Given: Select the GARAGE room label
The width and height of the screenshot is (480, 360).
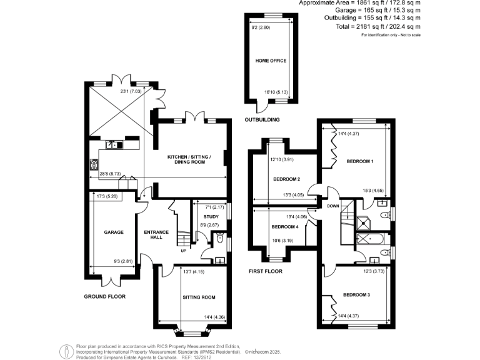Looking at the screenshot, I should [112, 232].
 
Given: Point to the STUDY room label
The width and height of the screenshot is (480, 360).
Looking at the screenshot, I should [210, 216].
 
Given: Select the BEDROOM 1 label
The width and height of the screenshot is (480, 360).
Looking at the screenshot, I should [359, 162].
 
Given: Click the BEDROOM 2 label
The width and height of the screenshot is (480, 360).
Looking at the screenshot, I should [286, 179].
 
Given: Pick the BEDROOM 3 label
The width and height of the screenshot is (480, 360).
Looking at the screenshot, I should [357, 294].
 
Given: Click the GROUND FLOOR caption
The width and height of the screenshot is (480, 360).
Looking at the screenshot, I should [104, 296].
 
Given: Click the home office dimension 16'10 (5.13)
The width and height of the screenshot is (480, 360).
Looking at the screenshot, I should [276, 92].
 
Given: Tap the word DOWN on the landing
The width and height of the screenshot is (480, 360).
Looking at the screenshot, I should [332, 206].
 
